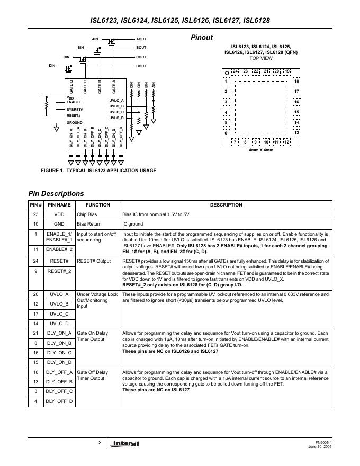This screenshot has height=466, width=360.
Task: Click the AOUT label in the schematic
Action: [141, 39]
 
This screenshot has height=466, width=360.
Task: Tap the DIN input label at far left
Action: [52, 65]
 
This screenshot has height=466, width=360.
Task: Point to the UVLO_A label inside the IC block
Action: [116, 101]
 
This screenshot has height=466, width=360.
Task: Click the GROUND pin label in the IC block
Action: [75, 122]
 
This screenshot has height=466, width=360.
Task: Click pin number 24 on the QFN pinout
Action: [235, 71]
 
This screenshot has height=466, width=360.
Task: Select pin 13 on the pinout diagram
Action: [296, 132]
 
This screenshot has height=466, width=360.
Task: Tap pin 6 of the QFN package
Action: [227, 132]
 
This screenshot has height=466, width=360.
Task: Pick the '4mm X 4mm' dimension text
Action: [261, 150]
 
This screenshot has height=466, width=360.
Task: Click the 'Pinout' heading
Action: [202, 38]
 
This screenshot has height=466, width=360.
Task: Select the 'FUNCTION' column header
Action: [97, 205]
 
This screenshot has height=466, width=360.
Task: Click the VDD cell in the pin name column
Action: [59, 214]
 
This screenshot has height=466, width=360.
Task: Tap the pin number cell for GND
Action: [35, 224]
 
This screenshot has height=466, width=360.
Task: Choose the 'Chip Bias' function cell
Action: [87, 214]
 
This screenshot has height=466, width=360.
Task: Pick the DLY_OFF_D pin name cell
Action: [59, 401]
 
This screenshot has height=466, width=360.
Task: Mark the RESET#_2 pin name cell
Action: [59, 271]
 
